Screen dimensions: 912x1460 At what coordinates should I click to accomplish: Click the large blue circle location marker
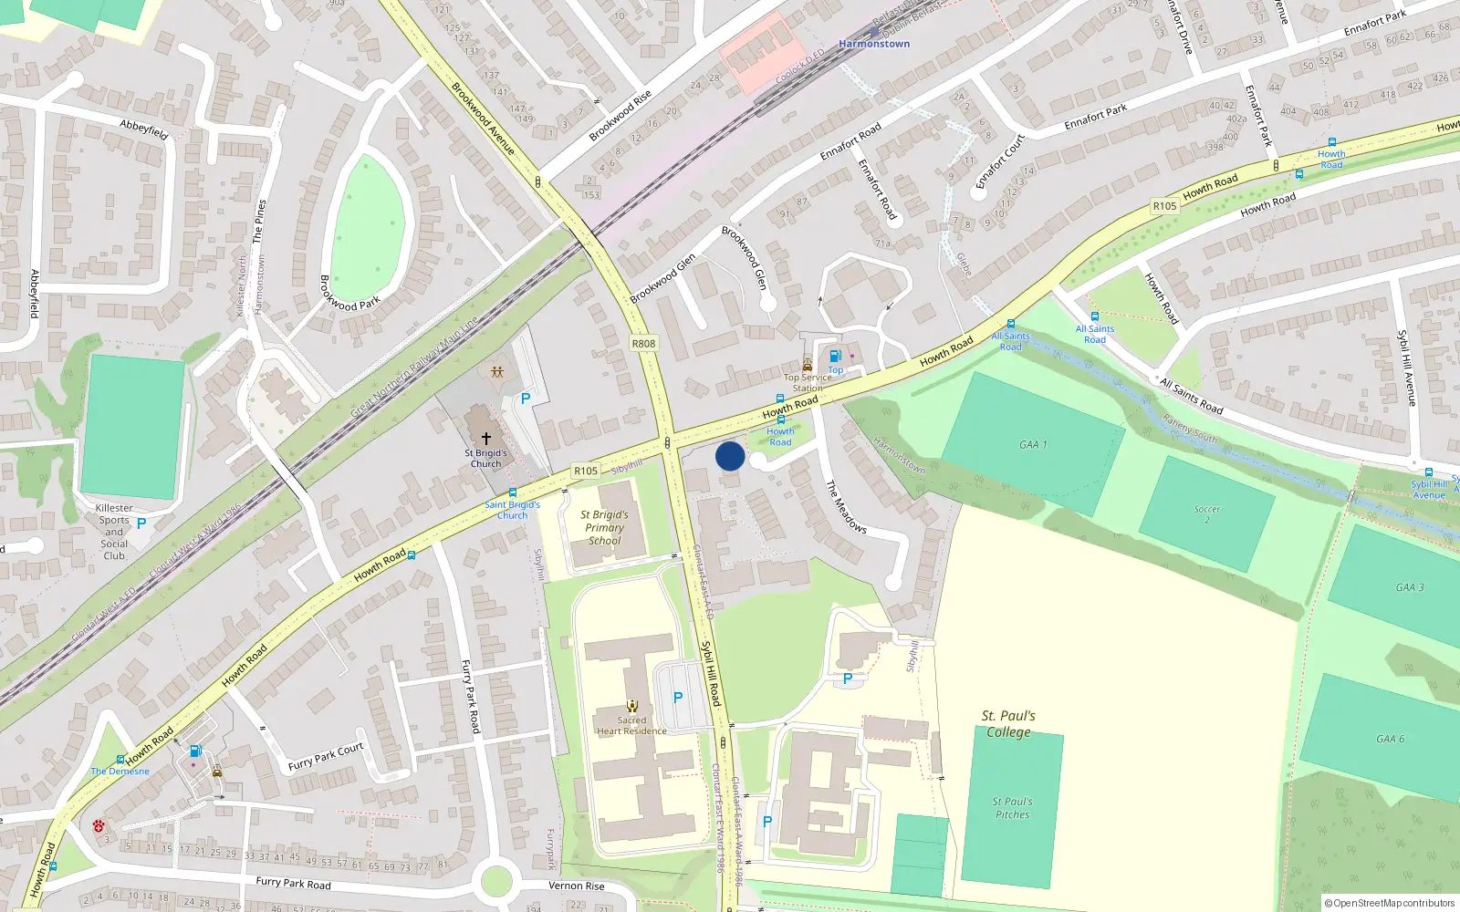point(730,456)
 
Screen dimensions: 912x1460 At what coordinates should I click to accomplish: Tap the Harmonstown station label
point(874,44)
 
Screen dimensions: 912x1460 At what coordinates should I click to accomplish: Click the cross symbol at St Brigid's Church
point(486,439)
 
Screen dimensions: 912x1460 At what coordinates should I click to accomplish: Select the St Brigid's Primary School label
point(604,527)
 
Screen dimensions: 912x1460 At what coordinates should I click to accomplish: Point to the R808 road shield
point(643,344)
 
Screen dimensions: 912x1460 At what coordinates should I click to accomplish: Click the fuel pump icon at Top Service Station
point(835,357)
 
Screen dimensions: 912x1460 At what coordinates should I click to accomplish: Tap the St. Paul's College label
point(1008,724)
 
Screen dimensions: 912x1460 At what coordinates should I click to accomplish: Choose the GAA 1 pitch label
point(1033,445)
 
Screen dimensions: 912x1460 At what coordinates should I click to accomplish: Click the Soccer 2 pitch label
point(1206,514)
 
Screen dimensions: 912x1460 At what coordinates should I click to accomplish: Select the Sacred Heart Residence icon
point(631,705)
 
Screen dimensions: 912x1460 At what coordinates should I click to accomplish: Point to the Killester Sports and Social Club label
point(114,532)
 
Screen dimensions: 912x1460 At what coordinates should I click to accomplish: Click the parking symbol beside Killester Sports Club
point(141,523)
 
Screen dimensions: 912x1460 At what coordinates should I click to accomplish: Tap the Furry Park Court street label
point(326,756)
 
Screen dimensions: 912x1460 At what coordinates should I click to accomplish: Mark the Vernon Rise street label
point(576,886)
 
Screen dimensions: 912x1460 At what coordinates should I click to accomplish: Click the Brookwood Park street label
point(349,293)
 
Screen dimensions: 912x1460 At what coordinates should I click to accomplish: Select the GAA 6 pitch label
point(1391,739)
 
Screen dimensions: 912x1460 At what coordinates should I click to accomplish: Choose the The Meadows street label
point(846,506)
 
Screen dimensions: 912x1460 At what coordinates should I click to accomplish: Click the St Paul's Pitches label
point(1012,808)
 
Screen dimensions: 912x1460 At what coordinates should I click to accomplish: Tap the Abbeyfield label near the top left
point(144,129)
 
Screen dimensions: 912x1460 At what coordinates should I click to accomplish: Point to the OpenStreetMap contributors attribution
point(1389,903)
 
